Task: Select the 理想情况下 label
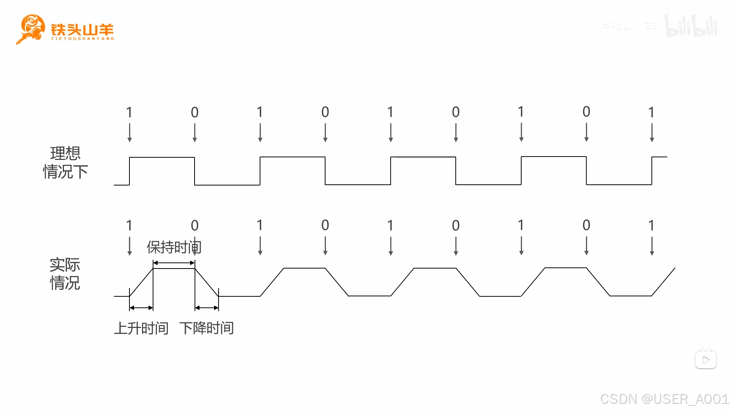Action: point(65,163)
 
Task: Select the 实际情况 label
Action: point(65,274)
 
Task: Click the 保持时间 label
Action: point(174,248)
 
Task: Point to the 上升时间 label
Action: point(141,328)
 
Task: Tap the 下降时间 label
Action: point(207,328)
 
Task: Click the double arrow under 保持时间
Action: point(174,263)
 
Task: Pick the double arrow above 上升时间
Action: point(141,308)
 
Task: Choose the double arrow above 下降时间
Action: point(207,308)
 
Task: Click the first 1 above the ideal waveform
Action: point(129,112)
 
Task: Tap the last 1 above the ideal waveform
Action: point(651,112)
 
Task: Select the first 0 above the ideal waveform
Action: point(195,112)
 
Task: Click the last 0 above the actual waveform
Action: point(586,225)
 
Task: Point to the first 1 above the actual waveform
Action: point(129,225)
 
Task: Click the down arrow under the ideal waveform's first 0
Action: point(195,133)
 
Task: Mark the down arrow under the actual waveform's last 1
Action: point(652,246)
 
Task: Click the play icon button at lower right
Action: point(706,360)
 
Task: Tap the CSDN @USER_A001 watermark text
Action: point(664,399)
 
